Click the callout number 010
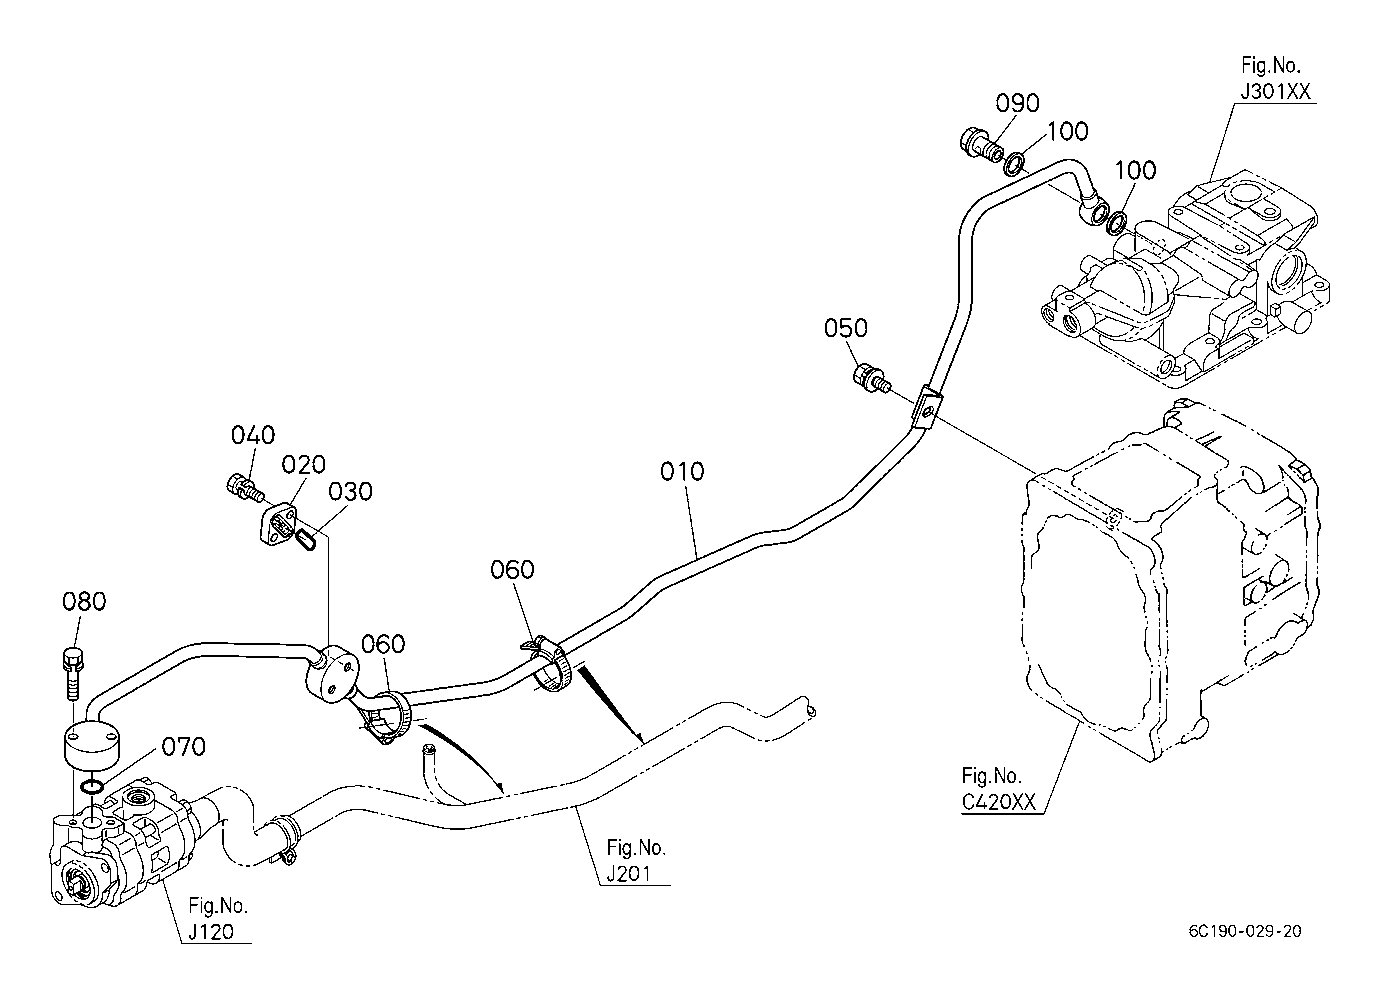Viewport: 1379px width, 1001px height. pyautogui.click(x=682, y=472)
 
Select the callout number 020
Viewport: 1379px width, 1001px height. pyautogui.click(x=304, y=464)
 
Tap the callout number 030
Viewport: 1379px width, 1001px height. pyautogui.click(x=350, y=491)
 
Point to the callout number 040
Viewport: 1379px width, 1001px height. pyautogui.click(x=253, y=435)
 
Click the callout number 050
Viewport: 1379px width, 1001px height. pyautogui.click(x=846, y=328)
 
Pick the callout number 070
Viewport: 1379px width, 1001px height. pyautogui.click(x=183, y=747)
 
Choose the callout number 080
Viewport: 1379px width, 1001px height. pyautogui.click(x=84, y=601)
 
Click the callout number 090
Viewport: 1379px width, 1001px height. pyautogui.click(x=1018, y=103)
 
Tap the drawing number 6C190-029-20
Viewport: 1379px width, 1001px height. pyautogui.click(x=1245, y=931)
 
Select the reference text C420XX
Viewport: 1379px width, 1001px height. pyautogui.click(x=999, y=802)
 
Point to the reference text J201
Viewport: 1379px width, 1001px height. pyautogui.click(x=629, y=874)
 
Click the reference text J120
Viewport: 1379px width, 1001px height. pyautogui.click(x=211, y=931)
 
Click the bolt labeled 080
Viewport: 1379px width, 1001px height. pyautogui.click(x=71, y=673)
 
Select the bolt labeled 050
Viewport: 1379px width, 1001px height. pyautogui.click(x=871, y=377)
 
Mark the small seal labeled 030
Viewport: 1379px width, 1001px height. pyautogui.click(x=306, y=541)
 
